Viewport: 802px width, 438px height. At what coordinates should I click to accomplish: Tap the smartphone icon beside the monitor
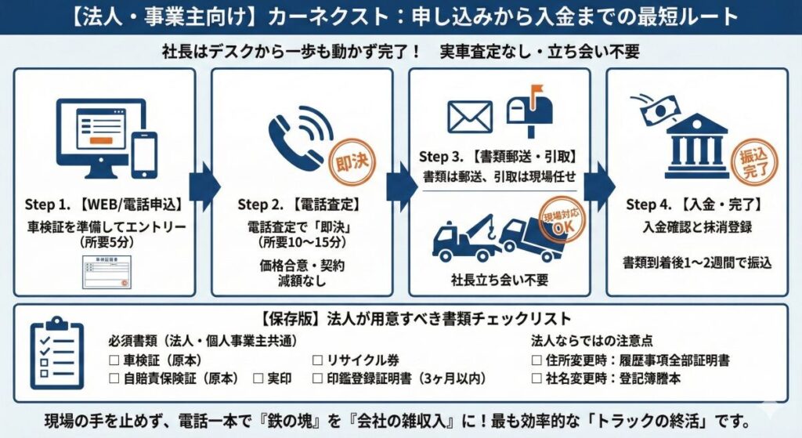pyautogui.click(x=144, y=154)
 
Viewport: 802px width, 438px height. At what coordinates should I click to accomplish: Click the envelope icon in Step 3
pyautogui.click(x=470, y=116)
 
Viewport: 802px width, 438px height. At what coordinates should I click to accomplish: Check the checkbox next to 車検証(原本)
pyautogui.click(x=114, y=360)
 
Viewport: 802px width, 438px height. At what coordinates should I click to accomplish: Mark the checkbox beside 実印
pyautogui.click(x=258, y=378)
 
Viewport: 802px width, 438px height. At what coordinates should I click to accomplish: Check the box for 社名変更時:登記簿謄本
pyautogui.click(x=536, y=378)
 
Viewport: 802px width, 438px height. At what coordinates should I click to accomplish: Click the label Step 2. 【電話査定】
pyautogui.click(x=298, y=205)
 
